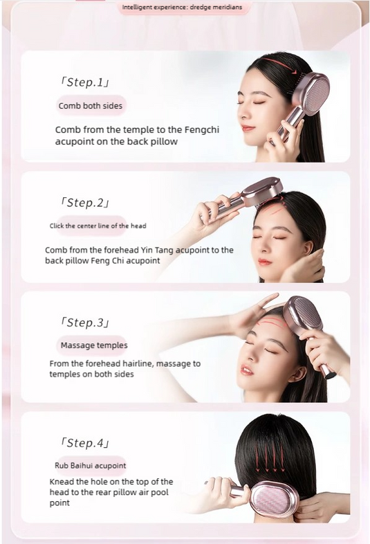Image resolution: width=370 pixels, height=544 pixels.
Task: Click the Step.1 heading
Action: click(x=85, y=82)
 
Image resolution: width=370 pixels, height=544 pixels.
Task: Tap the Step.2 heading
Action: click(x=85, y=202)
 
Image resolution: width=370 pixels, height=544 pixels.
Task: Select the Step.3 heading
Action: click(x=85, y=323)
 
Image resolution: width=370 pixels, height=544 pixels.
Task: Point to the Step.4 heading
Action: click(x=85, y=443)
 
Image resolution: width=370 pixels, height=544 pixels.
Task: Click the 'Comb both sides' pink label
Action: click(x=91, y=106)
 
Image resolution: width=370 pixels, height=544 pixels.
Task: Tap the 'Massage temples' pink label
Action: click(x=94, y=345)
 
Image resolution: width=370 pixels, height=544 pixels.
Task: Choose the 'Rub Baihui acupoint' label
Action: click(x=90, y=465)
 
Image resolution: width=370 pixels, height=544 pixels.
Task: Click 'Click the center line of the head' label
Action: click(x=98, y=226)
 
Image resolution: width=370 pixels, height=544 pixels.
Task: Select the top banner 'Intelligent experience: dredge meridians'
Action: click(x=182, y=7)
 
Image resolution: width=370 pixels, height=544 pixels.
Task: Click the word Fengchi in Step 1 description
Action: click(x=202, y=129)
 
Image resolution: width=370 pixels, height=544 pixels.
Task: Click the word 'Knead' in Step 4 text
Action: click(x=62, y=482)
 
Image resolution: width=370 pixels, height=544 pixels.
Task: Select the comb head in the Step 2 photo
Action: click(x=262, y=192)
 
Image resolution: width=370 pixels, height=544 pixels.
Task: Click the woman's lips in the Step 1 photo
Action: click(x=248, y=128)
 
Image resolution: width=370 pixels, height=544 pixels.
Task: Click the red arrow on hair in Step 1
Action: click(x=280, y=65)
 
